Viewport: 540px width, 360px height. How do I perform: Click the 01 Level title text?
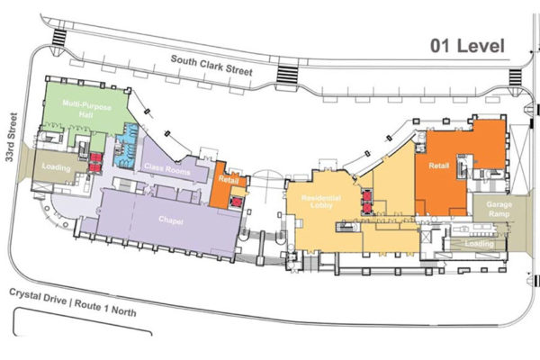click(467, 46)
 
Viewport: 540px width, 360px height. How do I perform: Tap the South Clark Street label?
click(211, 65)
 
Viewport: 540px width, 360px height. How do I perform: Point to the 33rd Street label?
click(12, 137)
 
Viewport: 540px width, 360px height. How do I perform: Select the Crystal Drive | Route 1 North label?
click(73, 302)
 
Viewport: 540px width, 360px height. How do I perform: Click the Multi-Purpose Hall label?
click(86, 109)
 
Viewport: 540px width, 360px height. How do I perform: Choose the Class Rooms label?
click(167, 169)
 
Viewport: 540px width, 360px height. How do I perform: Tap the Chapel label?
click(171, 220)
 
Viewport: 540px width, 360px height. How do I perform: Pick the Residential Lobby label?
click(321, 202)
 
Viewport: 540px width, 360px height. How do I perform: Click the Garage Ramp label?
click(499, 209)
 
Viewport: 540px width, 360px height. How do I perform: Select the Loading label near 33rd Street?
click(56, 167)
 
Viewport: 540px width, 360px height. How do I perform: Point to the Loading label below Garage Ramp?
click(479, 244)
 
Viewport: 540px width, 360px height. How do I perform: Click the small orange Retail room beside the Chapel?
click(228, 185)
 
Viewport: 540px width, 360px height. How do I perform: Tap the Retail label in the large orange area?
click(439, 166)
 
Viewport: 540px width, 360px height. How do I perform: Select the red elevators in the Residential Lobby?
click(367, 202)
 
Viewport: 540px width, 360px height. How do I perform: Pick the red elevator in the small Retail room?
click(236, 202)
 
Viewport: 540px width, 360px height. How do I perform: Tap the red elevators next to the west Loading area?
click(96, 163)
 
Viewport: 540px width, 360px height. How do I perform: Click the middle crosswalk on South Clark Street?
click(287, 74)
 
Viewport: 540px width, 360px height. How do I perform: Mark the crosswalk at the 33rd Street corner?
click(58, 38)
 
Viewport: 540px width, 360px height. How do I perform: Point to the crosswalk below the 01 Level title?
click(516, 78)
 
